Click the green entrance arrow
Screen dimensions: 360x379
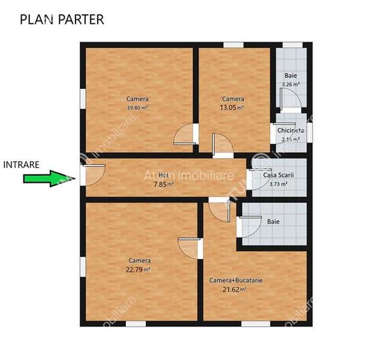[x=45, y=178]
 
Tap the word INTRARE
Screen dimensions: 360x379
[x=22, y=164]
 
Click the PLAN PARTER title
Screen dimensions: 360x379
[x=61, y=19]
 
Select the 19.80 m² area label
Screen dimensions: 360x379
[x=137, y=108]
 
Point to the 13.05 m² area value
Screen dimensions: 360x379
[x=233, y=108]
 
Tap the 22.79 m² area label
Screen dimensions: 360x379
[x=139, y=269]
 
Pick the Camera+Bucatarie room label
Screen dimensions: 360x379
[x=236, y=280]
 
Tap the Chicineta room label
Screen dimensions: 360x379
[x=291, y=130]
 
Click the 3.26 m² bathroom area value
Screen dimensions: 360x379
[x=291, y=84]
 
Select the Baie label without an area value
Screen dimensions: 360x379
[x=273, y=222]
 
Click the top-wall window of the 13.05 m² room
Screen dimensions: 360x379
[x=233, y=44]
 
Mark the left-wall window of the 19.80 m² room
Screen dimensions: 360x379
[x=82, y=99]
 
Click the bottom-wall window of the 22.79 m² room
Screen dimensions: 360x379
[x=135, y=324]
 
